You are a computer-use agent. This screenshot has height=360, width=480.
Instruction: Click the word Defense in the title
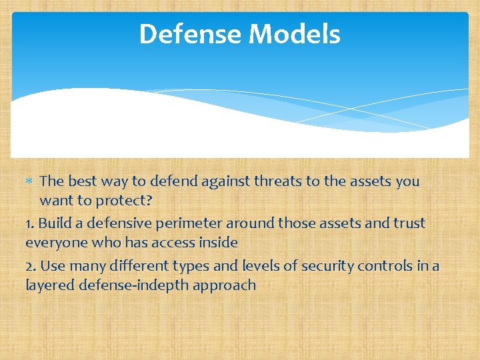click(x=189, y=34)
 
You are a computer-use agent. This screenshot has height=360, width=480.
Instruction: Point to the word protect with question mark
click(x=125, y=200)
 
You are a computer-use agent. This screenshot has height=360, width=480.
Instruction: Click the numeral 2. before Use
click(x=31, y=266)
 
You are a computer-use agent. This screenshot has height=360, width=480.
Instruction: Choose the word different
click(x=134, y=266)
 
